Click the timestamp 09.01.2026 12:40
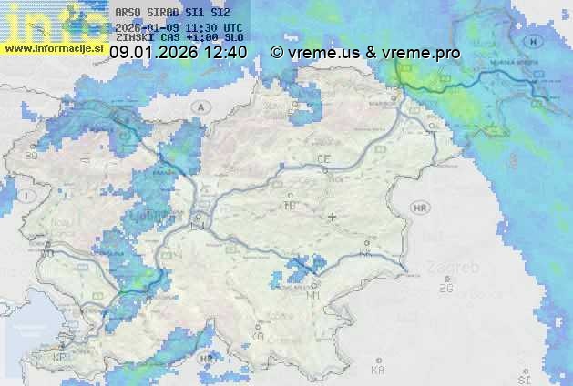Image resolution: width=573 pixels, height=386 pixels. click(x=178, y=53)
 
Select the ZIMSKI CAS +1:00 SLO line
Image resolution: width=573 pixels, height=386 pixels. click(x=179, y=39)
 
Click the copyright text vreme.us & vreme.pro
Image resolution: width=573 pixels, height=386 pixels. click(x=365, y=53)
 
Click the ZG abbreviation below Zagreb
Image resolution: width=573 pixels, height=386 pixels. click(x=445, y=289)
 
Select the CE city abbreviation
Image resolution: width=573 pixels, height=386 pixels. click(x=323, y=159)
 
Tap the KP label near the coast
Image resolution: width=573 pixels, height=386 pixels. click(x=60, y=357)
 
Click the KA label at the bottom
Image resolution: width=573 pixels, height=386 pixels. click(x=378, y=370)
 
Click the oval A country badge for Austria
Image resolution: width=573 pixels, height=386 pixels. click(x=199, y=107)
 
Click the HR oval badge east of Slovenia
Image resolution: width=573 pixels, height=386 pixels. click(x=420, y=208)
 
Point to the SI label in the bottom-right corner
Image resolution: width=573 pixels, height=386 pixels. click(x=524, y=377)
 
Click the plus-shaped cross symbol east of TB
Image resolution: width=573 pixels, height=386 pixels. click(x=332, y=217)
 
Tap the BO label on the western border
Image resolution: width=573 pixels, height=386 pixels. click(x=31, y=157)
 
